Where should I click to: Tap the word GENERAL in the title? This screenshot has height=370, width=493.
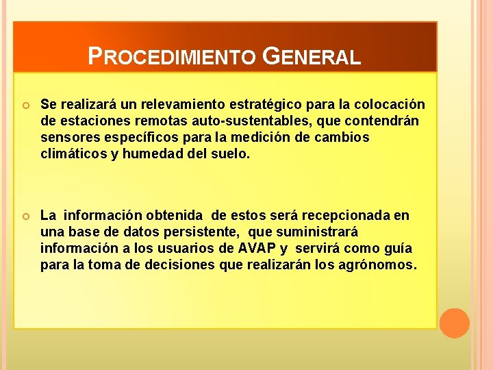coord(311,56)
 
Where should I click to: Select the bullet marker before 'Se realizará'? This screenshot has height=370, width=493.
coord(26,105)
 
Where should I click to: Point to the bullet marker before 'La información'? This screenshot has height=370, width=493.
coord(26,217)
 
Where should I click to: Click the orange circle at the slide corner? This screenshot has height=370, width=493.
coord(454,323)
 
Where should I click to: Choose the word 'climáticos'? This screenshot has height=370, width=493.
coord(73,153)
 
